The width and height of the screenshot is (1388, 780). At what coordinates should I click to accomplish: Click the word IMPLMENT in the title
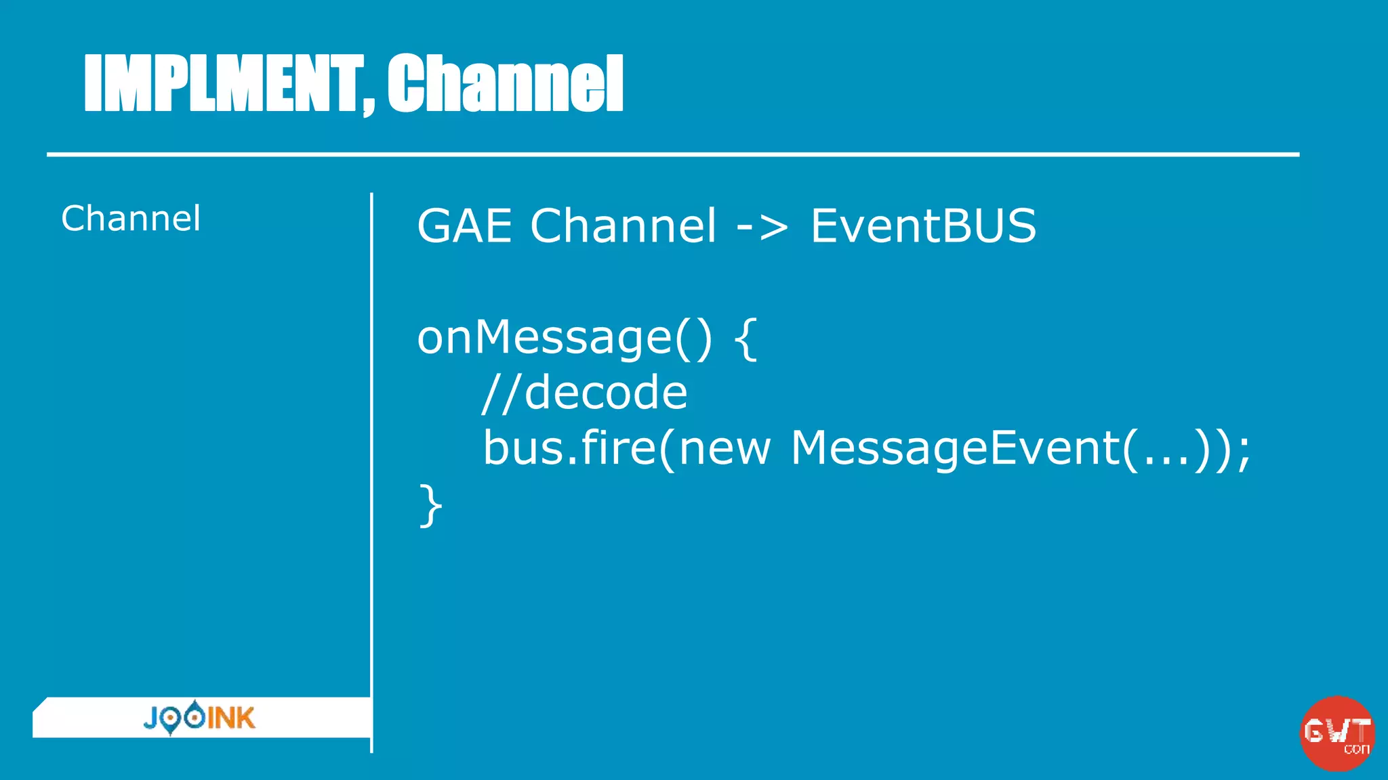(220, 83)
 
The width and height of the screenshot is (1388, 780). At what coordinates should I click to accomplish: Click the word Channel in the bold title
(505, 83)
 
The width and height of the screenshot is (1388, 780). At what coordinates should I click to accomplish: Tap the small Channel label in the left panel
(131, 219)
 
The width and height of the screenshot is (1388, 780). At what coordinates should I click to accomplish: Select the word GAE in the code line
(464, 225)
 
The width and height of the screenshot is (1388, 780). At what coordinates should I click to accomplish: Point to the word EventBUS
(923, 225)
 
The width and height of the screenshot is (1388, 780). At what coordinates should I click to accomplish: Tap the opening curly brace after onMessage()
(746, 339)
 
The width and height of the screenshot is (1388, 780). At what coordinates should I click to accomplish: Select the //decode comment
(584, 393)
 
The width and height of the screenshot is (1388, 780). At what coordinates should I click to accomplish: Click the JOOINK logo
(199, 718)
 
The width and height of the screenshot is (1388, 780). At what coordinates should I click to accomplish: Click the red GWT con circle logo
(1336, 733)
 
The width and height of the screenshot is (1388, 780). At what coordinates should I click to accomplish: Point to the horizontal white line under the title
(672, 155)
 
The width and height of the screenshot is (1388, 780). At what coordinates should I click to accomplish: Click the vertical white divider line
(371, 474)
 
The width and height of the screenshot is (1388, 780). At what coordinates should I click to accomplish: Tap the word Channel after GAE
(622, 225)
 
